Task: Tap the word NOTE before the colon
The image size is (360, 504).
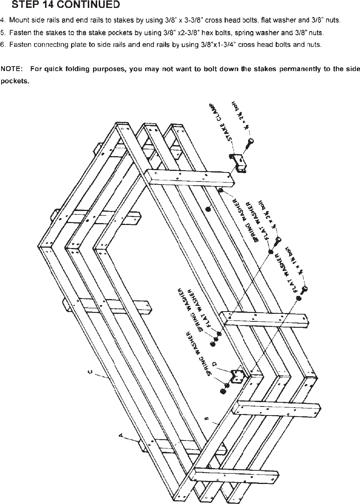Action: (x=11, y=69)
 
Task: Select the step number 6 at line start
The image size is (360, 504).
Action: (x=3, y=45)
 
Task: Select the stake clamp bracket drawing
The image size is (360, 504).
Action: (x=239, y=163)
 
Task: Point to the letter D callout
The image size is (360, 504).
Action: (x=215, y=364)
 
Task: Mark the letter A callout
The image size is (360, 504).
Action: (x=121, y=436)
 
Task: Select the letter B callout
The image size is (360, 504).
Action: (x=206, y=419)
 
